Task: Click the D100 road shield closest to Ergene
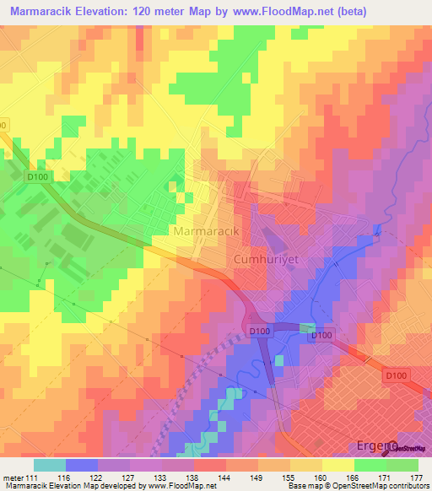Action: point(396,374)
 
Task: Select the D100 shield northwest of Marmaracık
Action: point(35,177)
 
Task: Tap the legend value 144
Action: point(224,478)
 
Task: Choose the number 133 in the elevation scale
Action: point(161,478)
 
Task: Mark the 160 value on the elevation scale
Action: point(321,478)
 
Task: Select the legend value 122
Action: point(98,478)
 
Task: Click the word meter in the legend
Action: point(14,478)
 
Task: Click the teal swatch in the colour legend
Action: point(50,465)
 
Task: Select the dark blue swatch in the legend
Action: point(82,465)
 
